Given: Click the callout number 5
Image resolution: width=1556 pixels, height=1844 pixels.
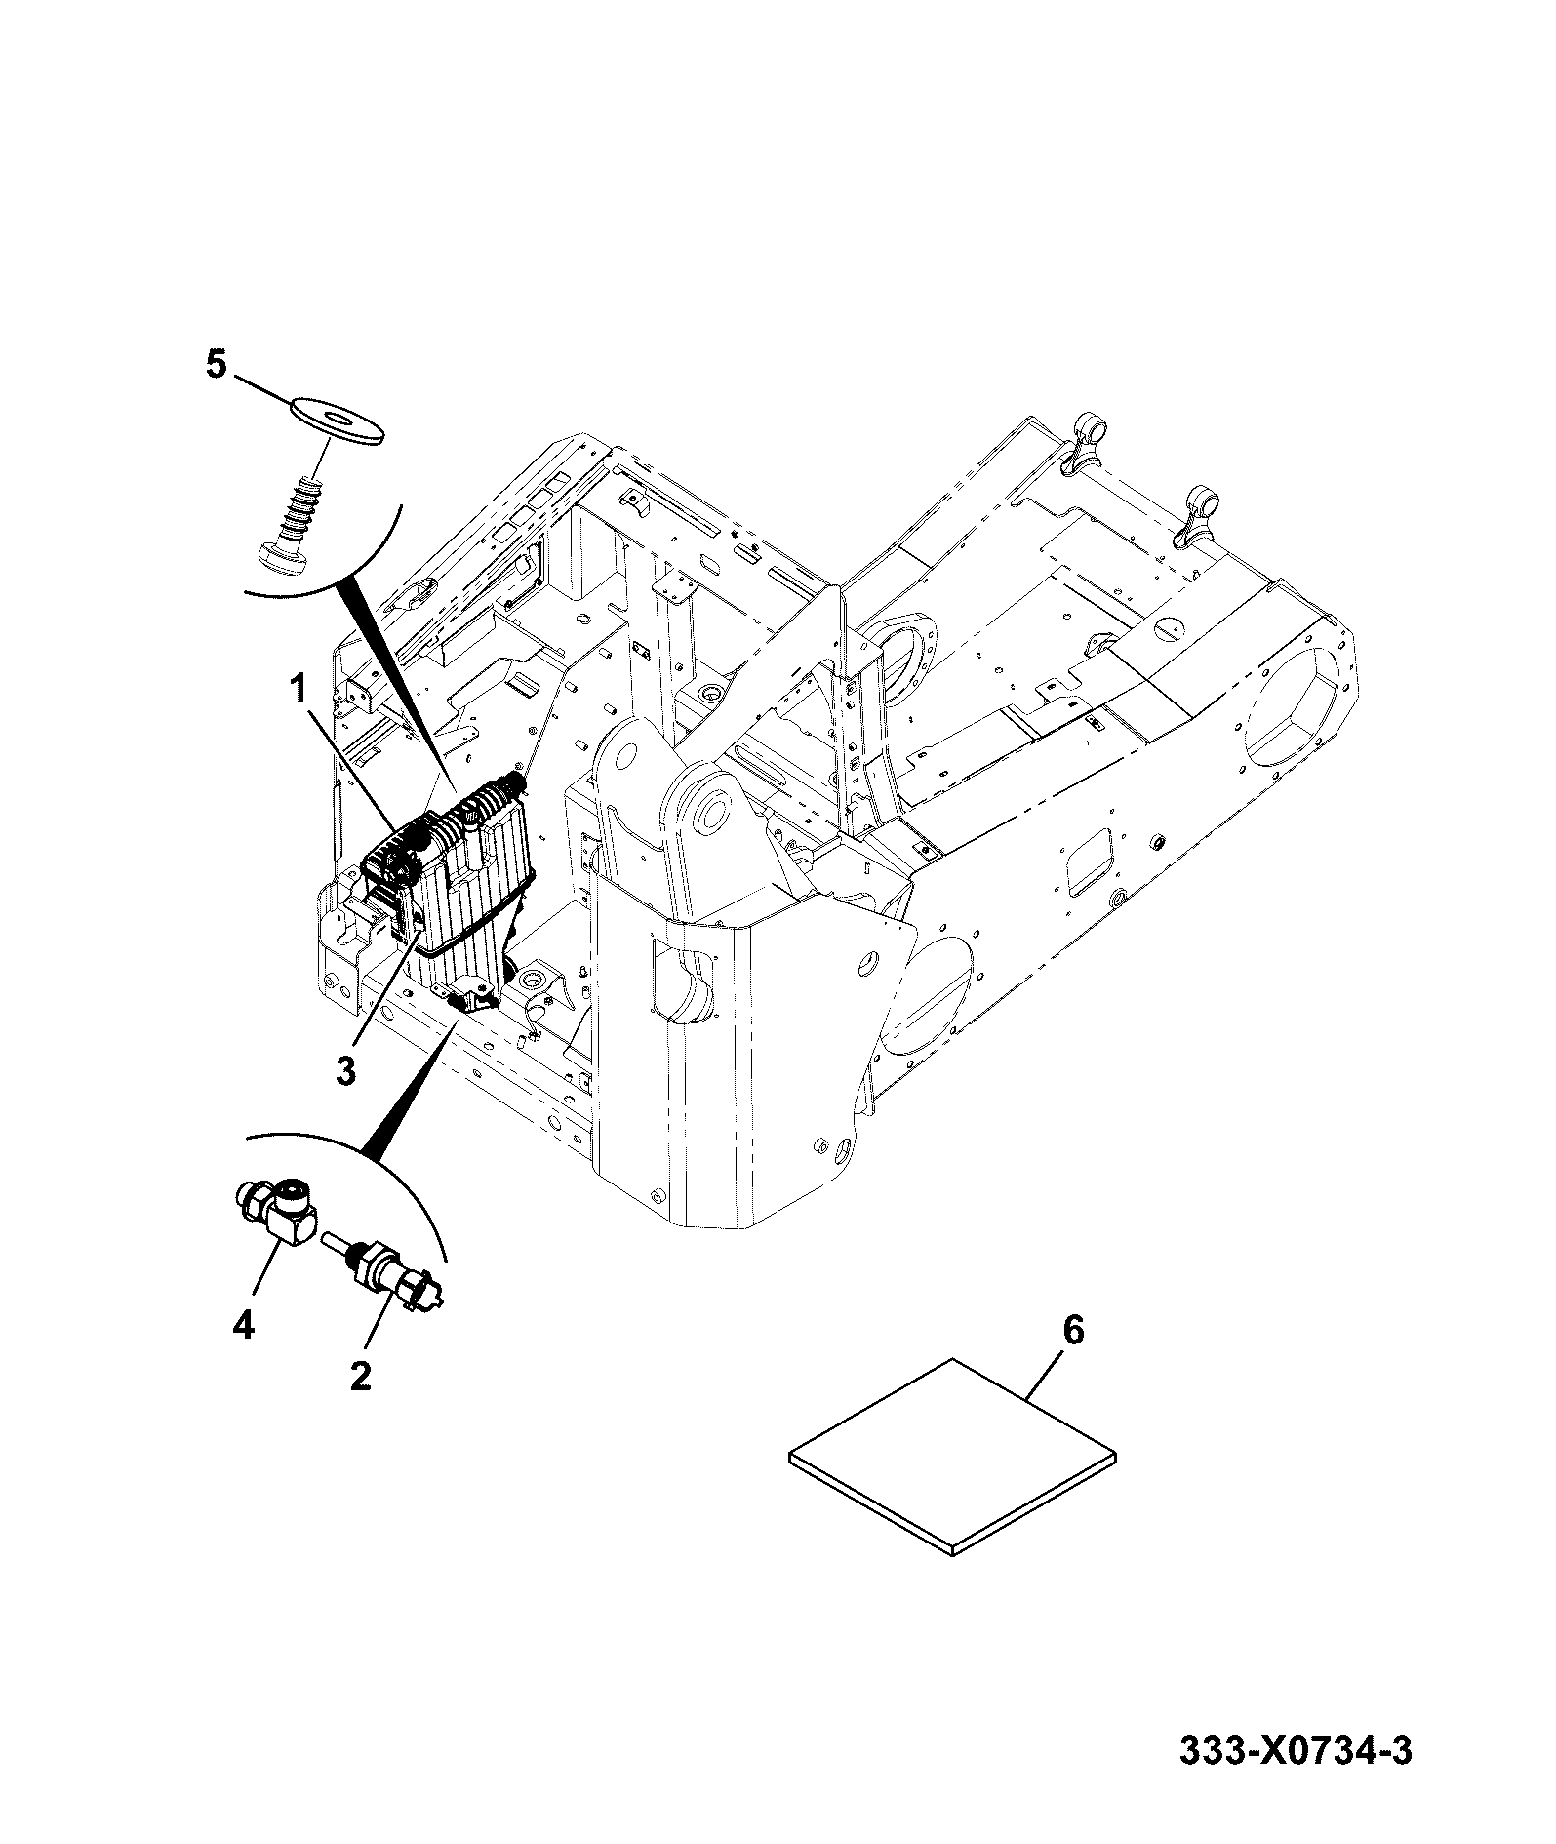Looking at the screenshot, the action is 216,365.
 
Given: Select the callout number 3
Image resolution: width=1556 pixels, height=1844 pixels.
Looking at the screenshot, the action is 345,1070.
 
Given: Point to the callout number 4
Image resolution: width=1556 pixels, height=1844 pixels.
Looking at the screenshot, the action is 243,1325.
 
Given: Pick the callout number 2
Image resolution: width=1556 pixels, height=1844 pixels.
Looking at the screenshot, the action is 360,1377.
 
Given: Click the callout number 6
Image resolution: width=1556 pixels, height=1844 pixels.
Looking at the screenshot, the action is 1072,1330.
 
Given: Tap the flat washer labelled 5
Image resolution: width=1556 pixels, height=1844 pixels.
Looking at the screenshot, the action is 337,421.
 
